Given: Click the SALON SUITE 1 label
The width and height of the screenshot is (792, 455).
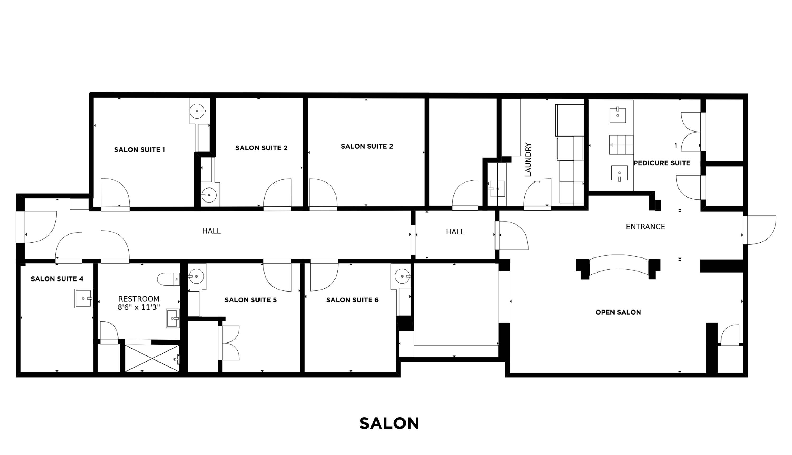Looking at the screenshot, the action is (x=139, y=150).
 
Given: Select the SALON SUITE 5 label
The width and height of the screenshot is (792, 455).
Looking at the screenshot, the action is (x=251, y=300).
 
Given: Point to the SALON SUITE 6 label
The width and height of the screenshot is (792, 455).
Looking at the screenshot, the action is (x=352, y=300).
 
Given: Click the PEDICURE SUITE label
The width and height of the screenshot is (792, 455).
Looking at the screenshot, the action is (x=662, y=163).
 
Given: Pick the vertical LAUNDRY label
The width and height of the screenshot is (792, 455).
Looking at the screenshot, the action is (x=528, y=160).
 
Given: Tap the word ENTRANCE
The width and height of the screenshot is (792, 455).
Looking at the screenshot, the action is (x=645, y=227).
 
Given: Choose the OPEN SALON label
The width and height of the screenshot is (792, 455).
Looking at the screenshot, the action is (x=618, y=312).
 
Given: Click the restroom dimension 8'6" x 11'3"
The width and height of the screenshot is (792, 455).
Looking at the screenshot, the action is (x=139, y=307).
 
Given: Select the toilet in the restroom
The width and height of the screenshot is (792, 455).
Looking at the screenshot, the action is (x=168, y=279).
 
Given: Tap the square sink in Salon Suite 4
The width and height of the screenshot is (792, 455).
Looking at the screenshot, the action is (x=84, y=298).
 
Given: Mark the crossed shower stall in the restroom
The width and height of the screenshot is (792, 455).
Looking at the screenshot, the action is (x=152, y=358).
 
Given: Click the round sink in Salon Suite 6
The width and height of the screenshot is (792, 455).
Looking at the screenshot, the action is (x=402, y=276).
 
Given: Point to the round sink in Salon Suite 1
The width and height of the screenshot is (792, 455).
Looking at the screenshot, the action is (x=197, y=111).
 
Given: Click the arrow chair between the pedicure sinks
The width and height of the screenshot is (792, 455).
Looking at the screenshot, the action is (x=621, y=145).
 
